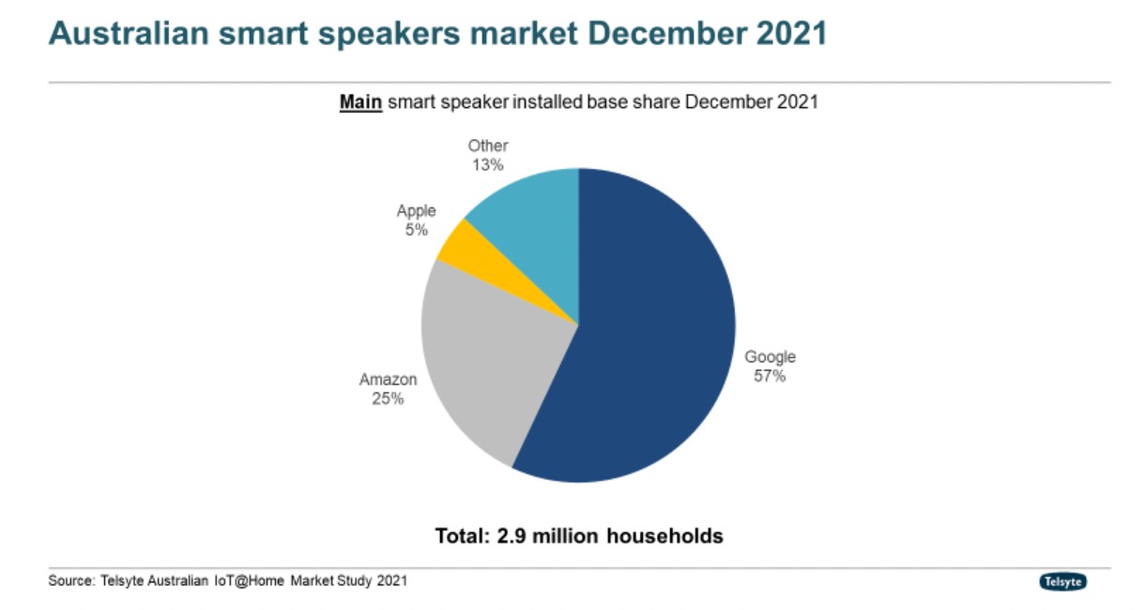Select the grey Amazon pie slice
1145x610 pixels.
pos(488,366)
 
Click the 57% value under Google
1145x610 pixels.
pos(770,376)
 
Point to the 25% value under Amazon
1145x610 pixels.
pos(387,399)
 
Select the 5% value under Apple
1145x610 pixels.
pos(416,230)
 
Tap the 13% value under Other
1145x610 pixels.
pos(488,164)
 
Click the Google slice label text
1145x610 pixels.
pos(770,357)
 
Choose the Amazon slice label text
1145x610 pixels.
pos(388,380)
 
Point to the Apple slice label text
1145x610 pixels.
pos(416,211)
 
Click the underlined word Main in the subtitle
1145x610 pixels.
pos(360,102)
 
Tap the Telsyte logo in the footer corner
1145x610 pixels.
pos(1063,582)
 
